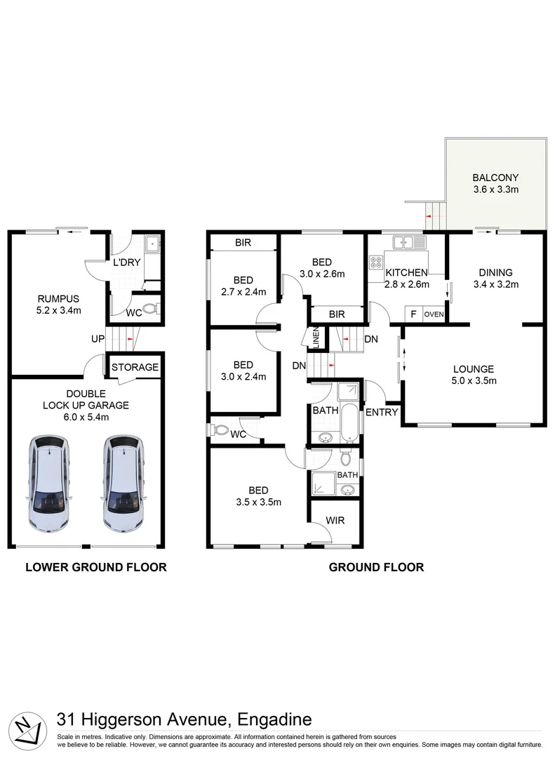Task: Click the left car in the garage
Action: point(49,484)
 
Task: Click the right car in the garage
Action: point(124,484)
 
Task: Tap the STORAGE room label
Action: point(135,367)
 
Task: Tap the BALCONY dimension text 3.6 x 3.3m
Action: point(495,189)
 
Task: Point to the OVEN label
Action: point(434,314)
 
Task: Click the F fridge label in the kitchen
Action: point(413,314)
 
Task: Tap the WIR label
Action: point(334,521)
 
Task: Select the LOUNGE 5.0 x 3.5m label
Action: point(474,375)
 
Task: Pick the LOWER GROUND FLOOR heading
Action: point(95,567)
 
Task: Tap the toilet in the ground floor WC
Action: point(220,430)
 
